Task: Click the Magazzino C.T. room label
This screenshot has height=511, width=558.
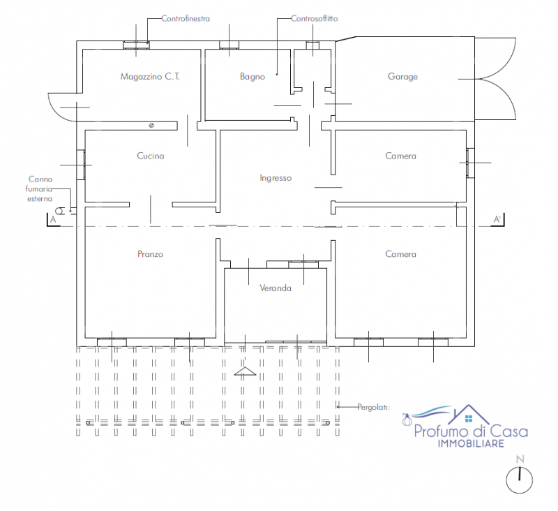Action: (150, 77)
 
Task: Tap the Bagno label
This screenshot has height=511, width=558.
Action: (252, 77)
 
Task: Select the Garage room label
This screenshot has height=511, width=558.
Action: (402, 77)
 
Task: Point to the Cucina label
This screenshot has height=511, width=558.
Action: (151, 156)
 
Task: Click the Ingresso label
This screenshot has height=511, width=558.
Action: (276, 178)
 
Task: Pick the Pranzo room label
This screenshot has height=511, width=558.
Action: (151, 254)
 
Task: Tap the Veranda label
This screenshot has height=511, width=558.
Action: (276, 288)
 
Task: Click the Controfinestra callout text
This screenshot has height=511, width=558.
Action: (186, 19)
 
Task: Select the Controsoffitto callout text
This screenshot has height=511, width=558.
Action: (315, 19)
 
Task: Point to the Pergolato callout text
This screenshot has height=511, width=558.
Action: (373, 407)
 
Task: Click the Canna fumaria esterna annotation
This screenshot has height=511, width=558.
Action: (39, 189)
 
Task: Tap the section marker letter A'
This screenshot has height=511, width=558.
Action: (497, 220)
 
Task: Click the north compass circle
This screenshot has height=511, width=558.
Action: (519, 480)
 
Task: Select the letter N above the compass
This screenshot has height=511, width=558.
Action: (520, 459)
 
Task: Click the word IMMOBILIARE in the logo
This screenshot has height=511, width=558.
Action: (471, 443)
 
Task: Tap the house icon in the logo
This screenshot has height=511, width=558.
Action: (468, 415)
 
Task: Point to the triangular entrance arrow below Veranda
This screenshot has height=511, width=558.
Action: (245, 371)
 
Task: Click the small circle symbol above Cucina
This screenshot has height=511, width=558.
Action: (151, 126)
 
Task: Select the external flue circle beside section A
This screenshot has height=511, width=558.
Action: (60, 211)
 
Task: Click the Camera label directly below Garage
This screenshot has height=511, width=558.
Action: (400, 156)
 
